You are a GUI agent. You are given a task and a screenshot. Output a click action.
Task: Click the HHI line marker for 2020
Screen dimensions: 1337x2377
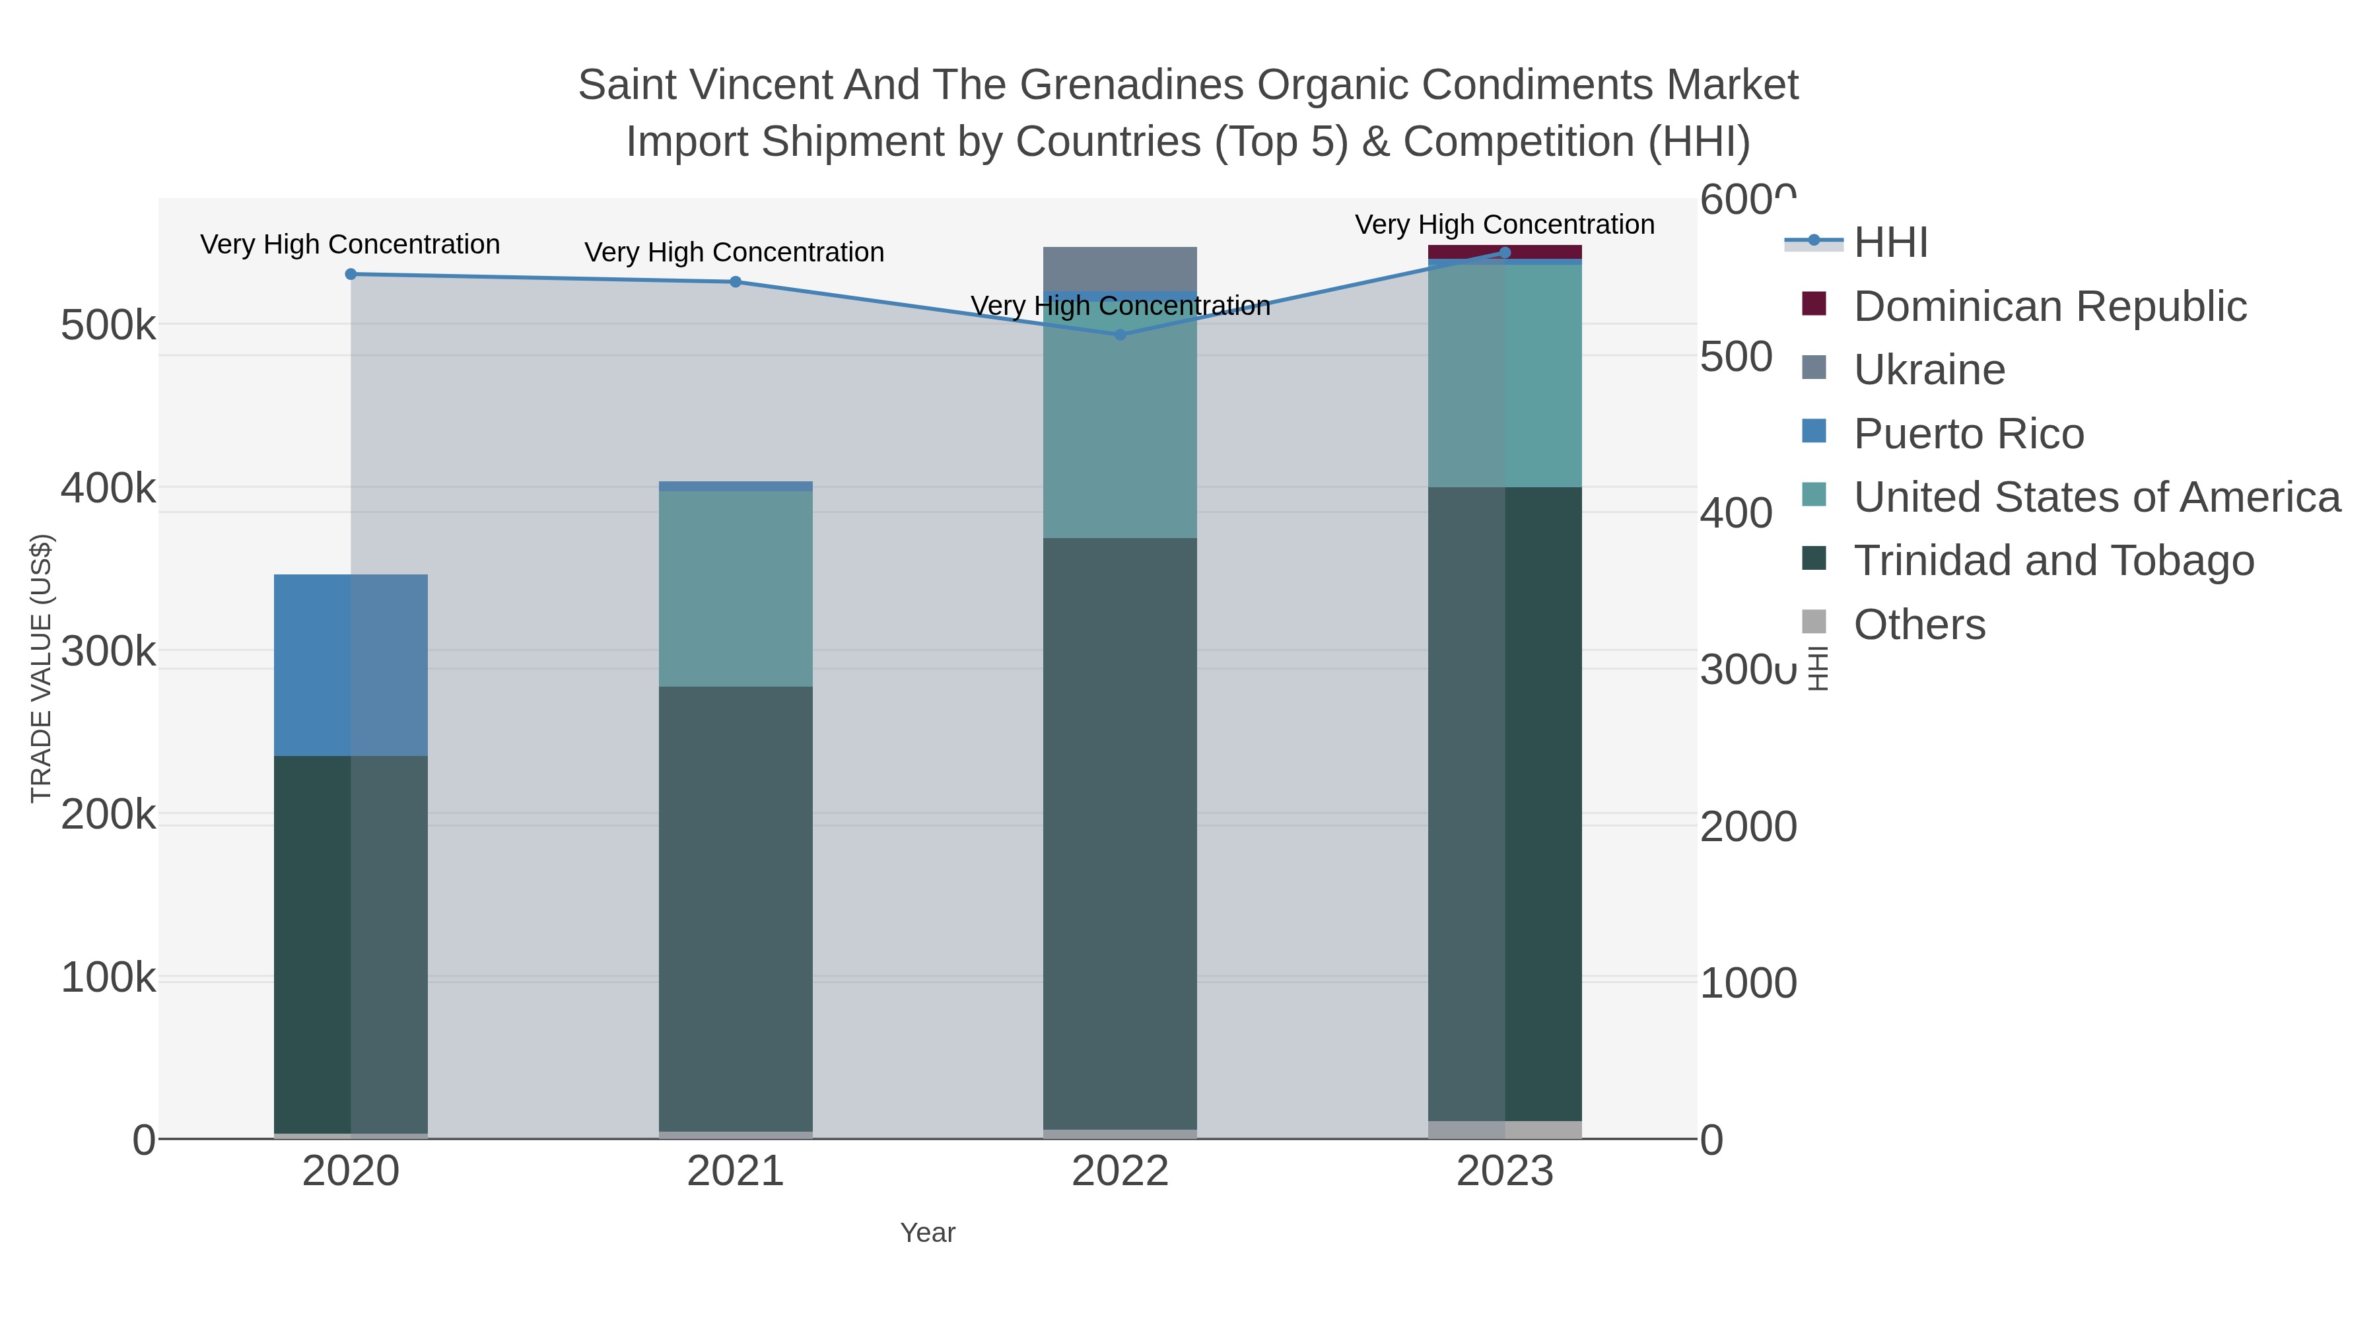pos(351,274)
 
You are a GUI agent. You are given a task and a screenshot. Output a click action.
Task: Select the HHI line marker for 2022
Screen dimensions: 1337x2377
pos(1120,335)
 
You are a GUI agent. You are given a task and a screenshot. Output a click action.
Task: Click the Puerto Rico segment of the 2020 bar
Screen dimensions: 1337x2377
pos(351,664)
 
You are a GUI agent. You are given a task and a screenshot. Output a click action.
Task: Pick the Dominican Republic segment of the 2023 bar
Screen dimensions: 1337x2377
pos(1505,251)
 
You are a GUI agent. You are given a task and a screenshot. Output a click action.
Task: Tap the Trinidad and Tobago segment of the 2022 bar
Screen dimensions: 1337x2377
pos(1120,831)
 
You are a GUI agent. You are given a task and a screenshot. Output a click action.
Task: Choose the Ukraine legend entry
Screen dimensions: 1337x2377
pos(1929,370)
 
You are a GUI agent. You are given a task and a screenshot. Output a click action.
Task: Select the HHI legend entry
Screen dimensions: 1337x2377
pos(1890,243)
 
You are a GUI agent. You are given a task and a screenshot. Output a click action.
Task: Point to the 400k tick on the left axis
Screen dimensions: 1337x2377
pos(108,489)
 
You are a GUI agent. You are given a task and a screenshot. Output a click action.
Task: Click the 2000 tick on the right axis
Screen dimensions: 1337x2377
pos(1748,827)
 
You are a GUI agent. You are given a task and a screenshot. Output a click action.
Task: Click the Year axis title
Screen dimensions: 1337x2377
pos(928,1233)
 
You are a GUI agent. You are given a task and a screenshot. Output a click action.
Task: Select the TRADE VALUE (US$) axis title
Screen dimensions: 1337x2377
pos(40,668)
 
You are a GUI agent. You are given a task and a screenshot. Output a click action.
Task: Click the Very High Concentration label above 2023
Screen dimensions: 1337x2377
pos(1504,224)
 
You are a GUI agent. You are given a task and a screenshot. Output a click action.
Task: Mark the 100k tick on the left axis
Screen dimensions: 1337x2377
pos(108,978)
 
